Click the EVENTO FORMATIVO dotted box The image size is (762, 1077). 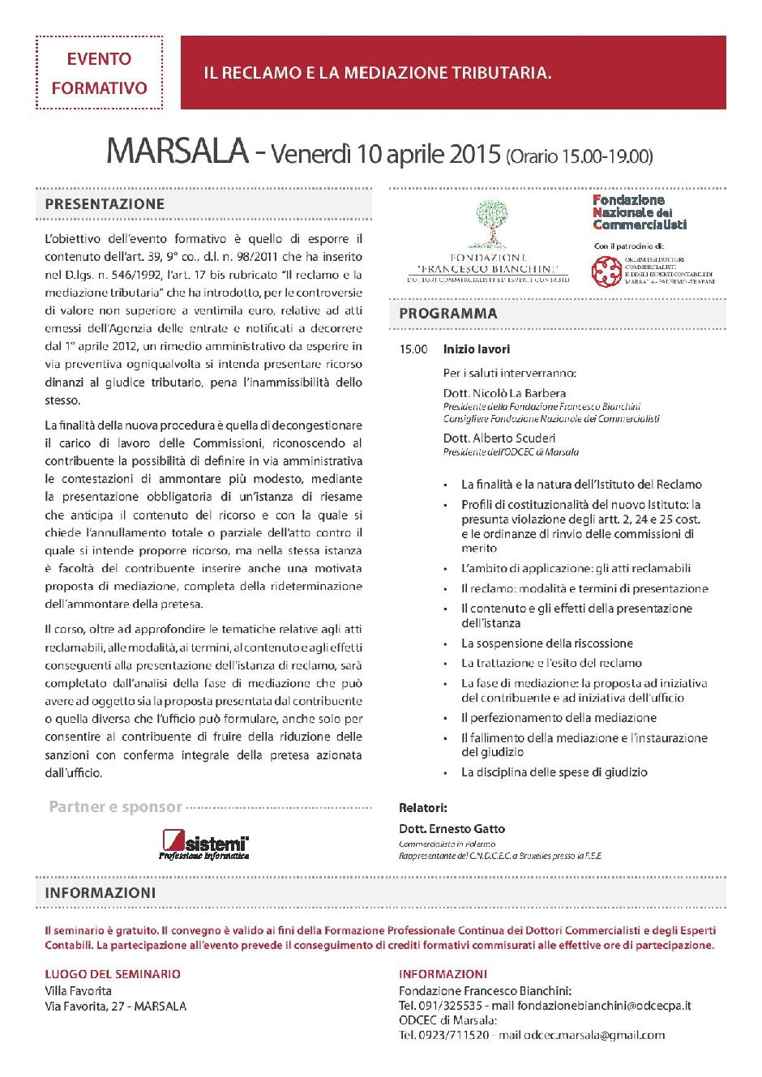[x=99, y=73]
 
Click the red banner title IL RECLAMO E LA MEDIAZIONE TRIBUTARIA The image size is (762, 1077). [x=377, y=73]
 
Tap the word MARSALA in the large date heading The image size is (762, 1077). [x=177, y=152]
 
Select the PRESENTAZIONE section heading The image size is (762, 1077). [x=105, y=204]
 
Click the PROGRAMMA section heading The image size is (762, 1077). [x=448, y=314]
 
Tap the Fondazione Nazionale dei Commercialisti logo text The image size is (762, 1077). [x=639, y=212]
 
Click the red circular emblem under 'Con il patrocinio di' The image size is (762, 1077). [x=606, y=271]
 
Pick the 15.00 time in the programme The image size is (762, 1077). [x=413, y=349]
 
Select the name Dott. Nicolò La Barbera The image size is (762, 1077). [x=504, y=393]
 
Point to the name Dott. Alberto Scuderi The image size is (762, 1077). [x=499, y=438]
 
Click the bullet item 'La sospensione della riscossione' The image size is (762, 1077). [x=547, y=643]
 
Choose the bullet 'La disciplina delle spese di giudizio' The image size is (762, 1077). [x=554, y=772]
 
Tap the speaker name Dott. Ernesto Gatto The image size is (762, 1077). [x=452, y=829]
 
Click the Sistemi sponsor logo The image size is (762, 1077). [x=204, y=844]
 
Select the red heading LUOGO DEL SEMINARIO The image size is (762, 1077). [x=113, y=974]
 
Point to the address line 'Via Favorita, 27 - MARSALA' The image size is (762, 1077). [x=116, y=1006]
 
